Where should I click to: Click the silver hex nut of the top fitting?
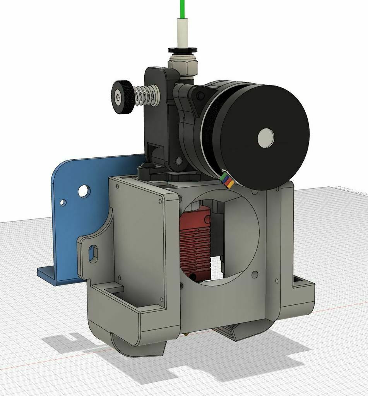coord(183,67)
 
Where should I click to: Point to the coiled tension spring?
coord(146,96)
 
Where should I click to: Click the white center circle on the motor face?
coord(265,138)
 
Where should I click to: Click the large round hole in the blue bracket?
coord(84,190)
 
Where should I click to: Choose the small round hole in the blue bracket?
coord(63,202)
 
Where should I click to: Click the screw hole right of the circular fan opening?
coord(254,274)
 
